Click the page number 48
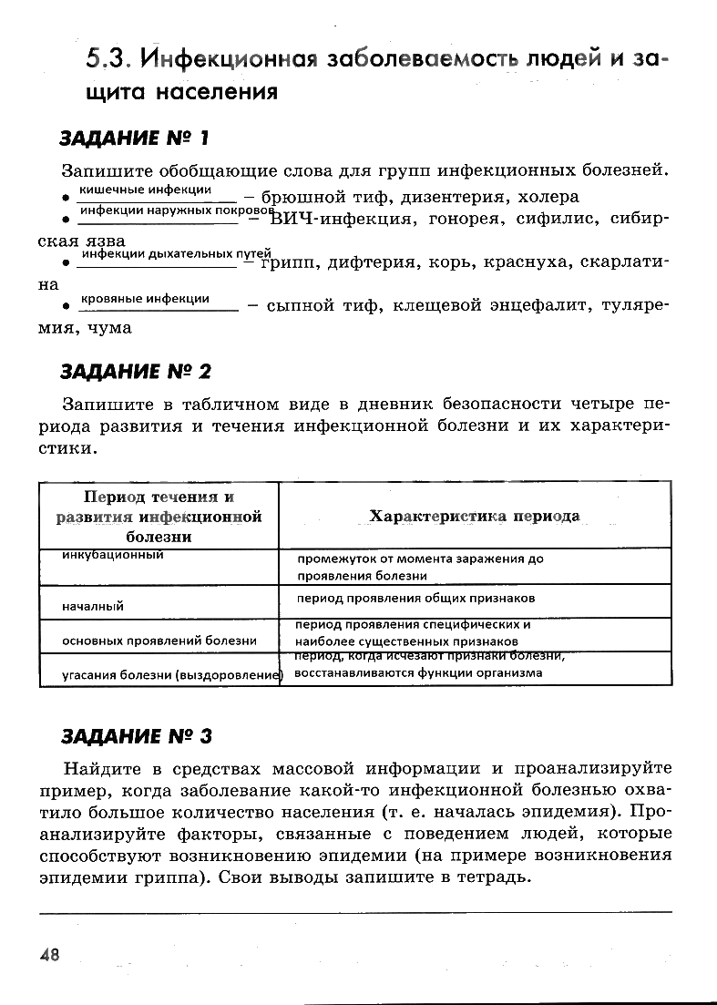[49, 954]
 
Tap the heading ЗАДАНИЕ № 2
[135, 371]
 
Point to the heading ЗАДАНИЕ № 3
[135, 734]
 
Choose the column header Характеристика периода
[474, 516]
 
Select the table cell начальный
[93, 606]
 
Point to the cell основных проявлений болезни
[159, 641]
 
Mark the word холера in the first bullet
[548, 197]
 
